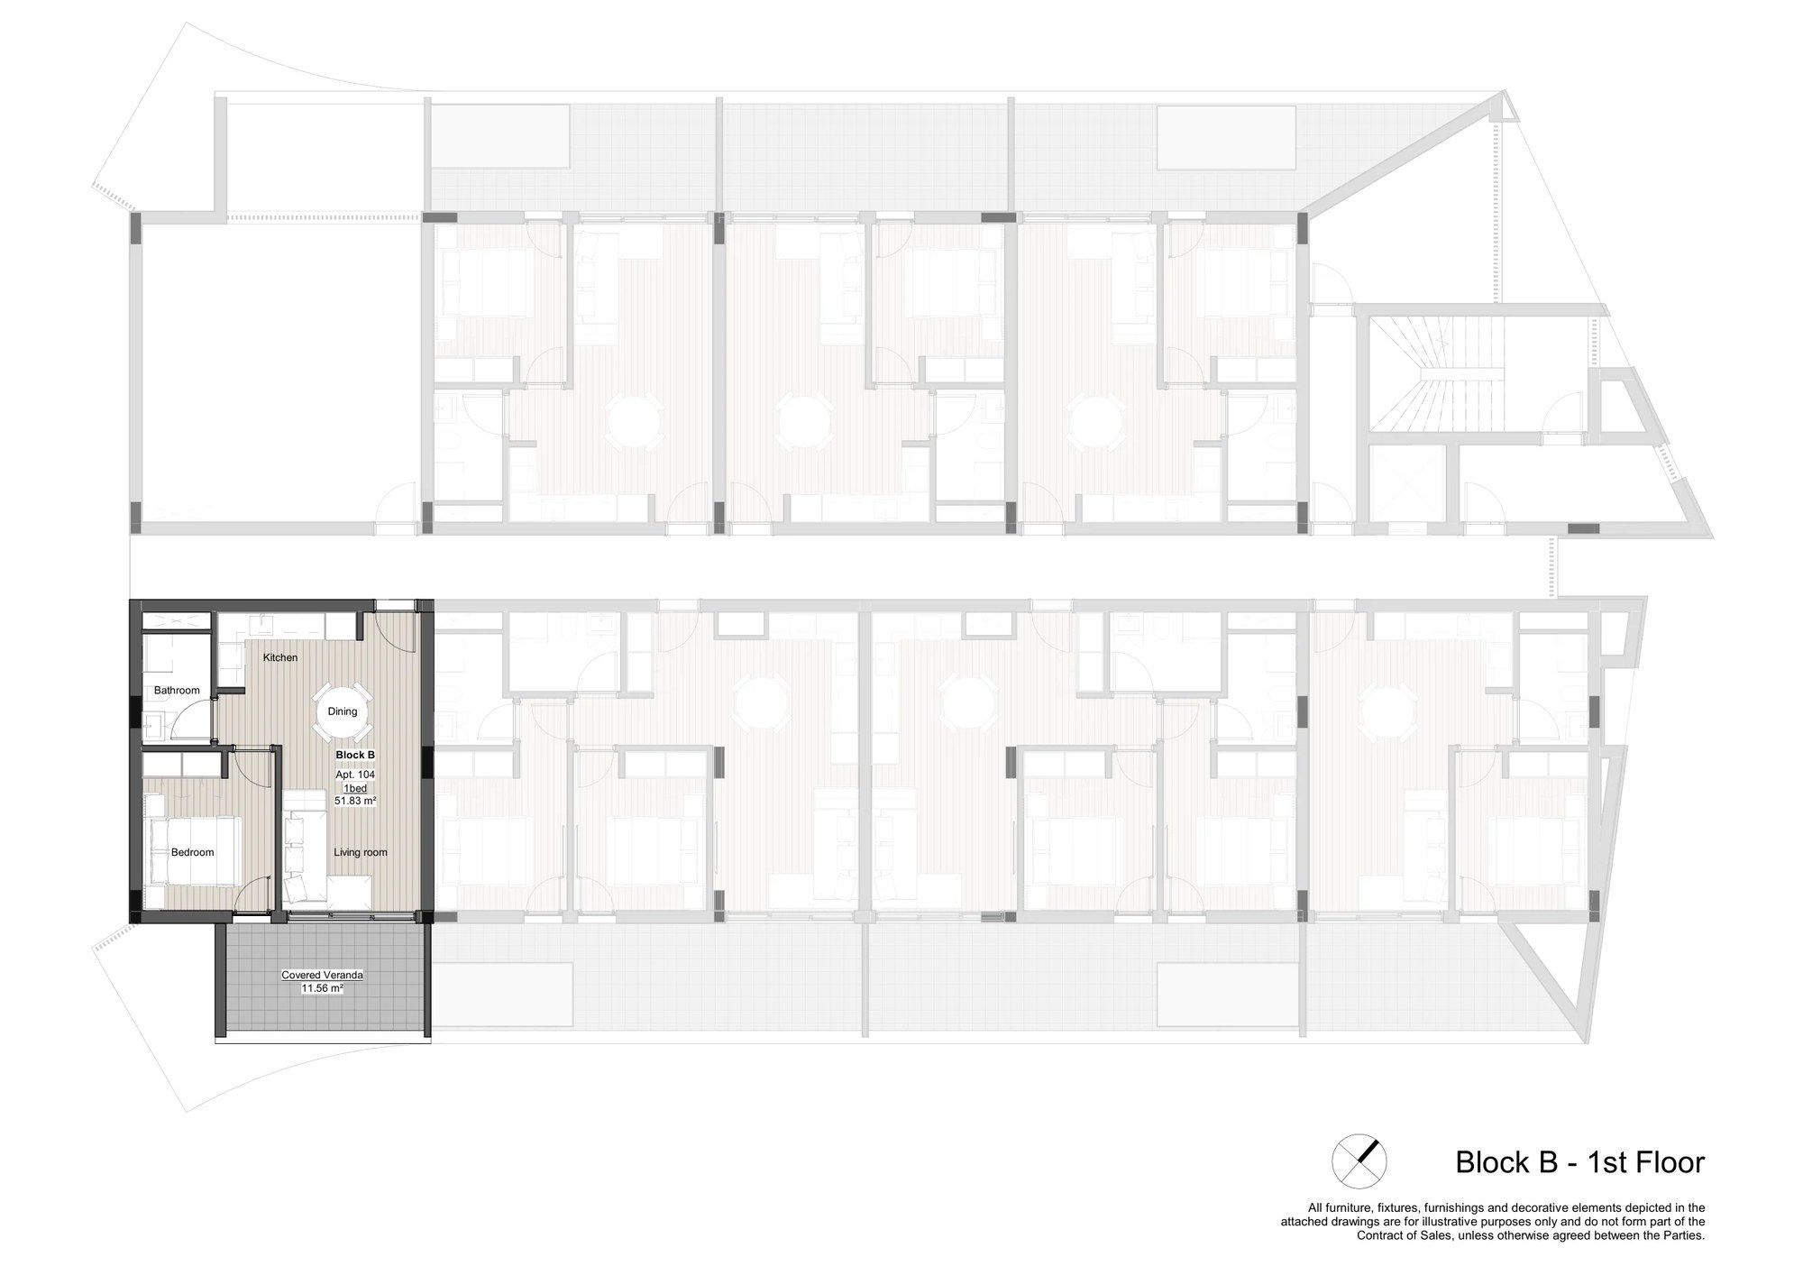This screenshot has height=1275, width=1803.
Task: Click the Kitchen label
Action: click(x=280, y=657)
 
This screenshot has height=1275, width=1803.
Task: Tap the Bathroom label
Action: click(x=177, y=691)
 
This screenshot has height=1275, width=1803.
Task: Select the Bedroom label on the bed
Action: click(x=193, y=852)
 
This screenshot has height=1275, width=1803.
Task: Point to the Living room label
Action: click(x=361, y=852)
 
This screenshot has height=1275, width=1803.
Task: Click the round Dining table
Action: click(x=343, y=711)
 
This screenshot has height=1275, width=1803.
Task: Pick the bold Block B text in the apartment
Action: click(x=354, y=756)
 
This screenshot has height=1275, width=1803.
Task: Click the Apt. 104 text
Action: click(x=355, y=775)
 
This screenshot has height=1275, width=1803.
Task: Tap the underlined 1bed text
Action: click(x=355, y=788)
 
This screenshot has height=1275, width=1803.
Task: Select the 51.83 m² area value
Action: click(x=355, y=801)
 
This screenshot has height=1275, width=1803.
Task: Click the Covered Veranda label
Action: click(x=323, y=975)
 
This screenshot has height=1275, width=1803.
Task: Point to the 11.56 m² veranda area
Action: click(x=323, y=988)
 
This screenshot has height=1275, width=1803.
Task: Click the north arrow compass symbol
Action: click(x=1359, y=1161)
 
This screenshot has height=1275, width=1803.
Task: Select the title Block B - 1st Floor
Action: click(x=1580, y=1161)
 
